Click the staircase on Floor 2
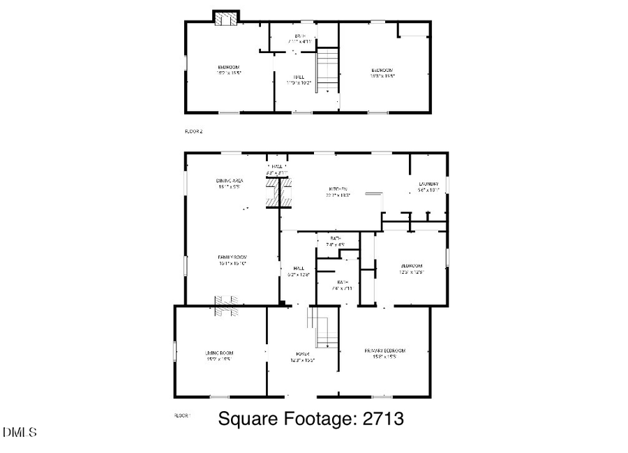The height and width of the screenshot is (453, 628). tap(328, 68)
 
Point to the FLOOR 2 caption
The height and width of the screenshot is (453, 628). tap(193, 131)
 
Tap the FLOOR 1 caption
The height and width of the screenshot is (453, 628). tap(182, 415)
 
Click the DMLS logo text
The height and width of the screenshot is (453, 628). tap(20, 433)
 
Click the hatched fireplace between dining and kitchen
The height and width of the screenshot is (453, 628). tap(279, 193)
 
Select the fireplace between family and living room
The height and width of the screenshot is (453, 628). tap(226, 305)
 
